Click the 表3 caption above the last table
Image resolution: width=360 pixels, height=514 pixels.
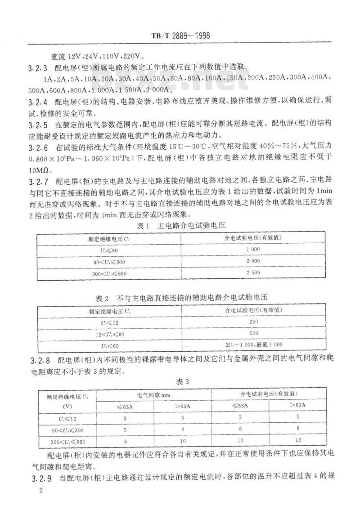(181, 382)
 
